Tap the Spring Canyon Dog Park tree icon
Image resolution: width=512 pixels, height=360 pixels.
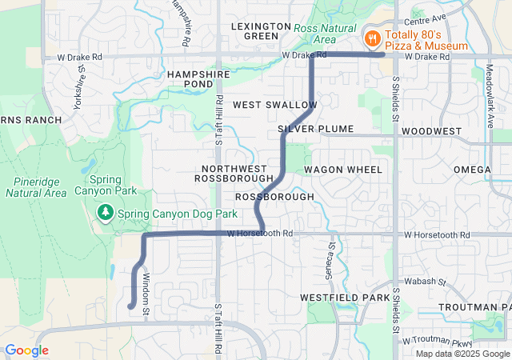pyautogui.click(x=105, y=214)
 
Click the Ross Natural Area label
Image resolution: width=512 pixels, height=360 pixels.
pyautogui.click(x=314, y=34)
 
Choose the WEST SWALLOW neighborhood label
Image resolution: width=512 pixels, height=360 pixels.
pyautogui.click(x=274, y=105)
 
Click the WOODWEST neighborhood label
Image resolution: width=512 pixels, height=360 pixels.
pyautogui.click(x=432, y=130)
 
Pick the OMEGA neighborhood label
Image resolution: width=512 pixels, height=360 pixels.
pyautogui.click(x=472, y=170)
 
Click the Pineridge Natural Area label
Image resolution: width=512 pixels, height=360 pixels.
pyautogui.click(x=35, y=187)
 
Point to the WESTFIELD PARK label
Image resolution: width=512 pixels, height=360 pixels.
pyautogui.click(x=345, y=297)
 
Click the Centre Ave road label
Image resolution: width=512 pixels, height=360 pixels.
pyautogui.click(x=425, y=18)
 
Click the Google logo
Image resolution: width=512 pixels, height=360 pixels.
pyautogui.click(x=26, y=350)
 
